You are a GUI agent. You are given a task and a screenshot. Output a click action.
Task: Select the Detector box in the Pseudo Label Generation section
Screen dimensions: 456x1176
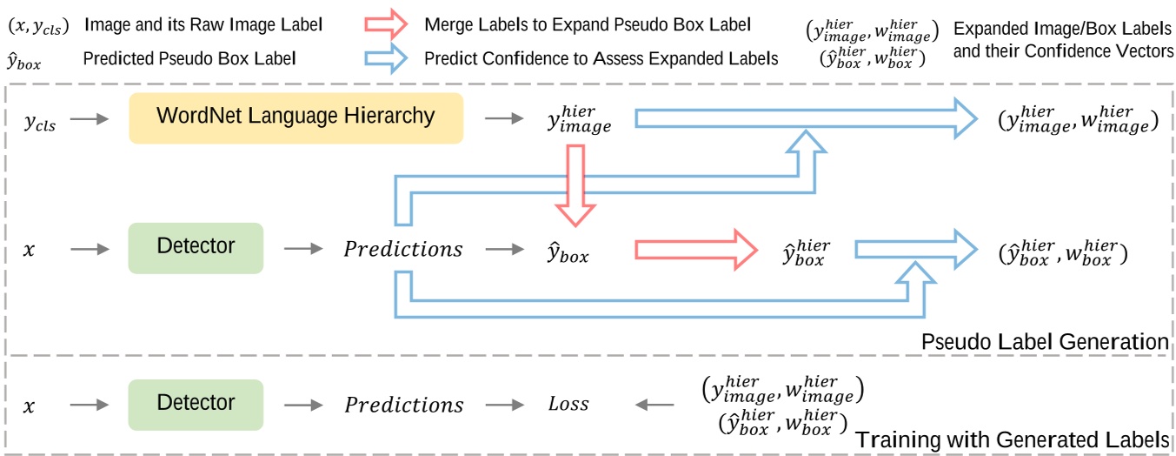click(x=196, y=247)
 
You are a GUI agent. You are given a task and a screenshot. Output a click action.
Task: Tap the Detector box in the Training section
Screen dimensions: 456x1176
click(x=196, y=404)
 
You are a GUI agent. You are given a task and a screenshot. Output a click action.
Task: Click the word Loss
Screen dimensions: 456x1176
click(x=568, y=405)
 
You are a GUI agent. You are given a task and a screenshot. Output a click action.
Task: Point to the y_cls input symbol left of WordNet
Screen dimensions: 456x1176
click(x=39, y=124)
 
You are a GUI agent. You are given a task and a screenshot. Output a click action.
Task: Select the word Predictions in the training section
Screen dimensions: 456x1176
click(x=404, y=406)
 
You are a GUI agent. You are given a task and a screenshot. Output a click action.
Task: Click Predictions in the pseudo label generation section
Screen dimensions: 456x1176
click(x=403, y=250)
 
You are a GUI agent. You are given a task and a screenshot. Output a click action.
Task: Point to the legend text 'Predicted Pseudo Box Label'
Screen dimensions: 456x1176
click(x=189, y=59)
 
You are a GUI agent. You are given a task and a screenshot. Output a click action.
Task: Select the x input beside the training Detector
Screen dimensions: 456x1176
click(x=29, y=406)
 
